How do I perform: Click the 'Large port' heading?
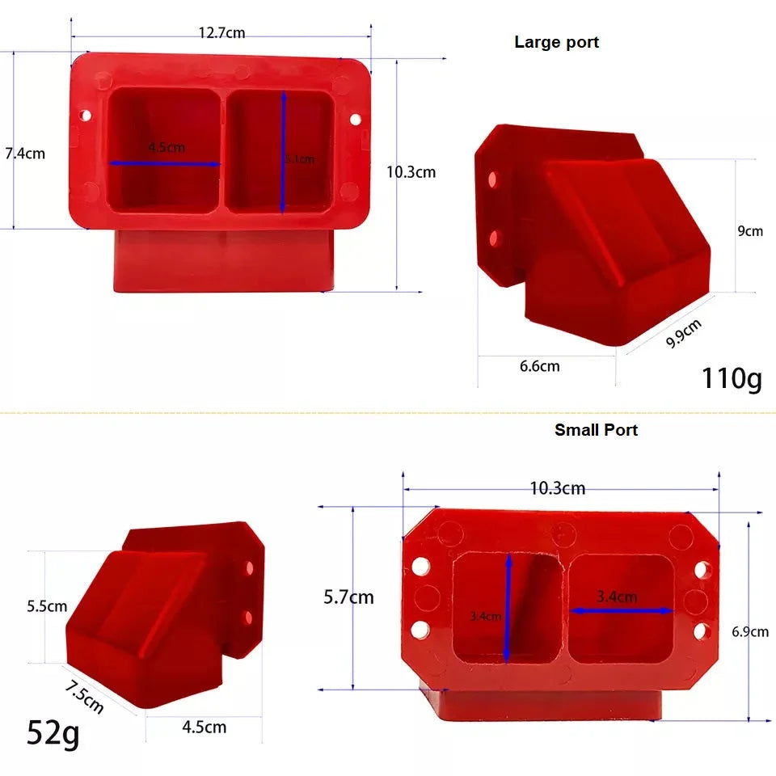pyautogui.click(x=556, y=42)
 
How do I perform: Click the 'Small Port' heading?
pyautogui.click(x=596, y=430)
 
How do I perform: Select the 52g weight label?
pyautogui.click(x=53, y=732)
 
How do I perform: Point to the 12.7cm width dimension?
pyautogui.click(x=221, y=33)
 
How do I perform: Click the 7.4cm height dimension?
pyautogui.click(x=25, y=153)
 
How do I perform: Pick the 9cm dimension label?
pyautogui.click(x=749, y=230)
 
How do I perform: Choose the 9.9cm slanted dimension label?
pyautogui.click(x=684, y=333)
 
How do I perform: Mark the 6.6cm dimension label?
pyautogui.click(x=539, y=366)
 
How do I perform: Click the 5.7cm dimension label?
pyautogui.click(x=348, y=597)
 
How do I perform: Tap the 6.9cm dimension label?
pyautogui.click(x=750, y=632)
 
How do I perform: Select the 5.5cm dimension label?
pyautogui.click(x=47, y=605)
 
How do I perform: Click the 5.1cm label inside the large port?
pyautogui.click(x=299, y=159)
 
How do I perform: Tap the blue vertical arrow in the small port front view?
pyautogui.click(x=508, y=606)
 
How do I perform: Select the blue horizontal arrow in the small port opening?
pyautogui.click(x=622, y=611)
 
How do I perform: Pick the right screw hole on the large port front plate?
pyautogui.click(x=354, y=120)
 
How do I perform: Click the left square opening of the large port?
pyautogui.click(x=164, y=150)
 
